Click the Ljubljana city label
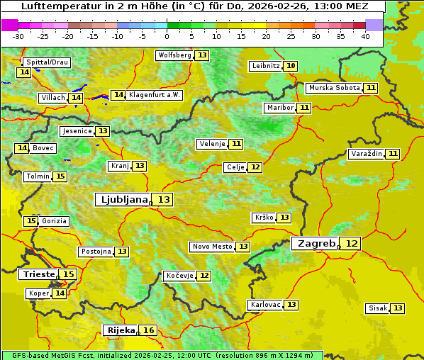[x=123, y=200]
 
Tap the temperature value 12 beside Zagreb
[x=352, y=244]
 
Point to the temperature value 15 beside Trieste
[x=68, y=274]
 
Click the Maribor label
[x=279, y=108]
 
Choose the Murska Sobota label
[x=334, y=88]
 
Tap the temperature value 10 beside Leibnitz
[x=291, y=66]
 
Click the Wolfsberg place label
[x=174, y=55]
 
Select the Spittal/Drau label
[x=46, y=62]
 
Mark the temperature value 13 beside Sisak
[x=398, y=308]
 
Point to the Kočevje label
[x=179, y=276]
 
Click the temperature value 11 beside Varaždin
[x=393, y=154]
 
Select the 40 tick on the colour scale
[x=365, y=36]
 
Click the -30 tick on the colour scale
[x=18, y=36]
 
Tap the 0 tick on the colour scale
[x=167, y=36]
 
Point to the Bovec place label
[x=43, y=148]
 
